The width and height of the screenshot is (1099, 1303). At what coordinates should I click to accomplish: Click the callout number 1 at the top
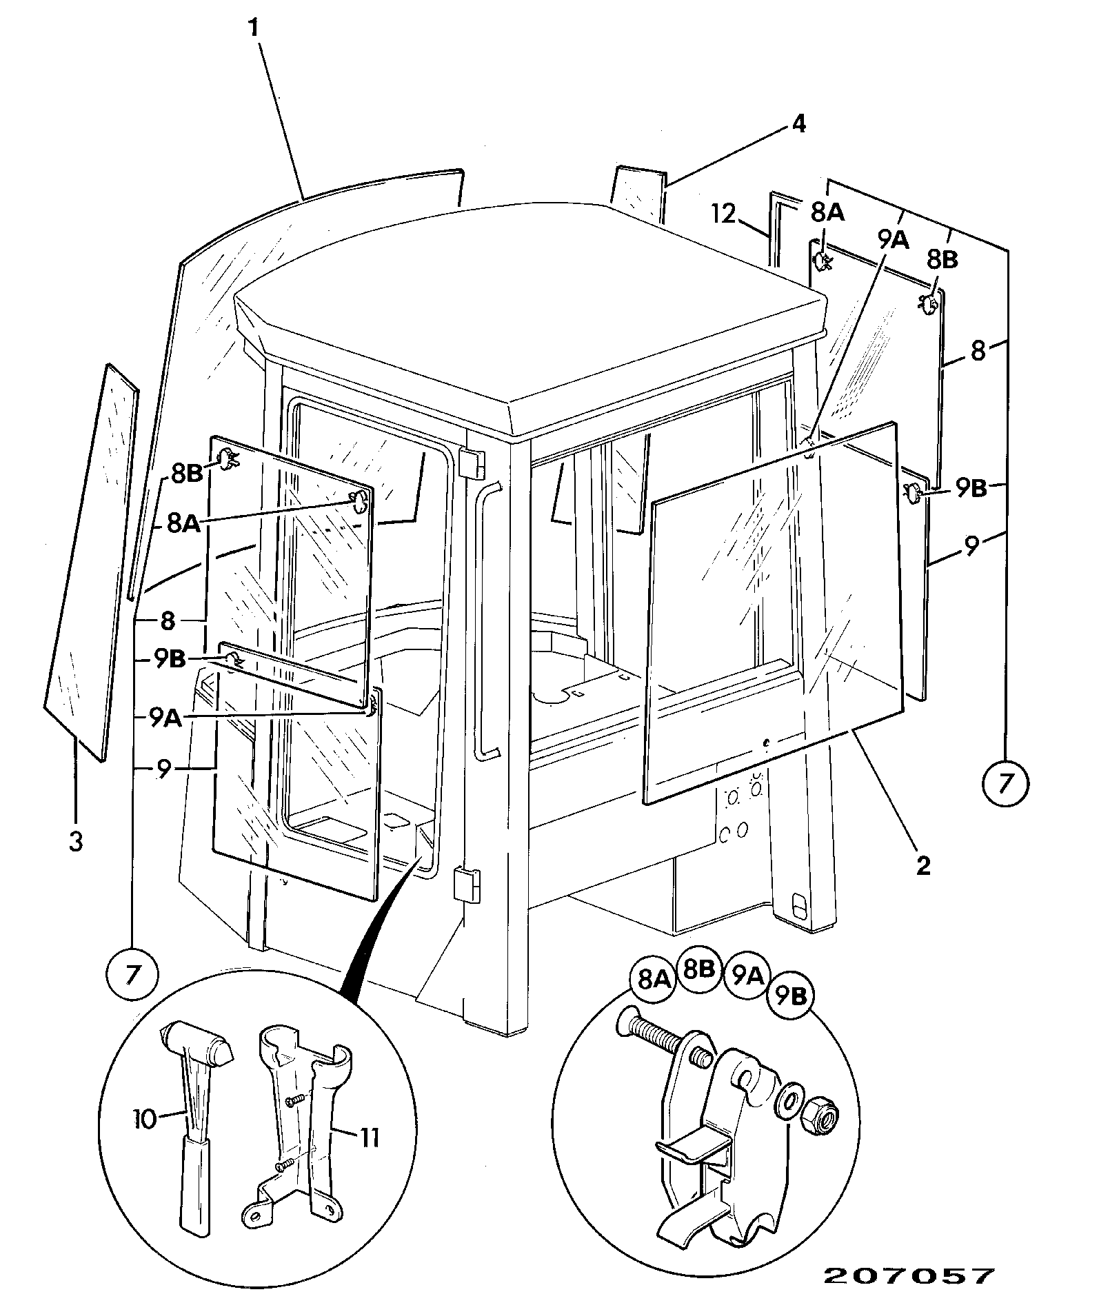[x=253, y=28]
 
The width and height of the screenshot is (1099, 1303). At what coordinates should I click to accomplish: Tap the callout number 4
[x=798, y=124]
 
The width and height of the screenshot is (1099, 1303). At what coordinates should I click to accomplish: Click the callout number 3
[x=76, y=841]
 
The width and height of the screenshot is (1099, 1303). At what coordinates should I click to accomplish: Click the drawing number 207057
[x=909, y=1275]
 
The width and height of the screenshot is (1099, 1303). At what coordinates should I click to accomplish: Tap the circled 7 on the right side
[x=1007, y=783]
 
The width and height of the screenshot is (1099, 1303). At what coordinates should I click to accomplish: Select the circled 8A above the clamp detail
[x=652, y=979]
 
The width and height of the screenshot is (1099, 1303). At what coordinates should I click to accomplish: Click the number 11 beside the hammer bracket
[x=369, y=1138]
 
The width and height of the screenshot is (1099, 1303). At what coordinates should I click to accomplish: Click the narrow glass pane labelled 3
[x=90, y=562]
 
